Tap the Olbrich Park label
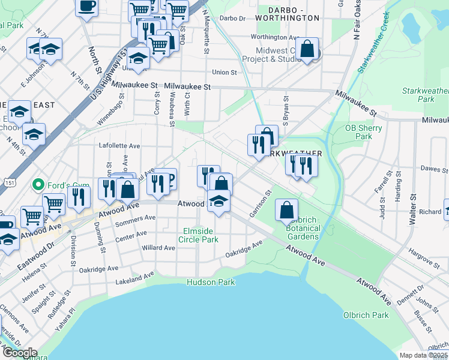[366, 315]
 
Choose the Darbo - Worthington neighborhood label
[286, 14]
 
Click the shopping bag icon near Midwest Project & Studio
[307, 50]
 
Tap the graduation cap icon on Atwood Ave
[218, 202]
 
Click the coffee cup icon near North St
[87, 7]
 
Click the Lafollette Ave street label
[119, 146]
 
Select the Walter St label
[412, 209]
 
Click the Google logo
[20, 353]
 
